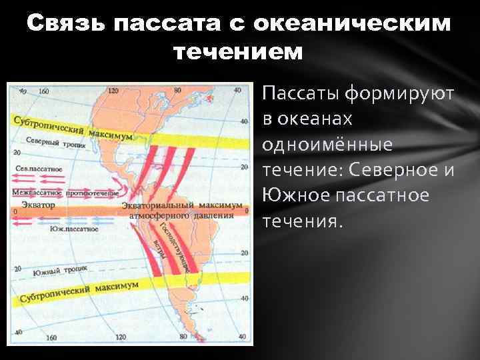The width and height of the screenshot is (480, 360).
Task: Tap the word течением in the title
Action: pyautogui.click(x=238, y=51)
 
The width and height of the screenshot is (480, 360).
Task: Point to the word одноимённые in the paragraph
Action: pyautogui.click(x=327, y=145)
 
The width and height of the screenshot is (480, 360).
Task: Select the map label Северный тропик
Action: pyautogui.click(x=51, y=142)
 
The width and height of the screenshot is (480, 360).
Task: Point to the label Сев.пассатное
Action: pyautogui.click(x=38, y=169)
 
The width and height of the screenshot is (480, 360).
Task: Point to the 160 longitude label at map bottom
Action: pyautogui.click(x=51, y=337)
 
